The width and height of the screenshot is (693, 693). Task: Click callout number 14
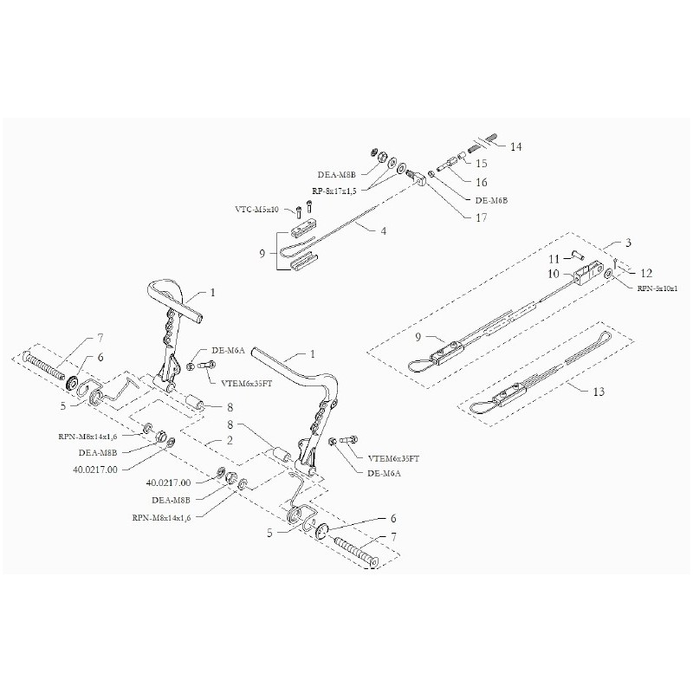click(x=516, y=146)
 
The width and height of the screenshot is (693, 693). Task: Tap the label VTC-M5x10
click(x=258, y=210)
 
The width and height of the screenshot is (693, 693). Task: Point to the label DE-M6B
click(x=492, y=200)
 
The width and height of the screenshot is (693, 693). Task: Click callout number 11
click(x=554, y=258)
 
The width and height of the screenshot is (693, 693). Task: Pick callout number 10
click(x=554, y=273)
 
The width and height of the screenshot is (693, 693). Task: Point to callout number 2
click(x=230, y=440)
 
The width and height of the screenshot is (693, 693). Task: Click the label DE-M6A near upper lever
click(x=229, y=350)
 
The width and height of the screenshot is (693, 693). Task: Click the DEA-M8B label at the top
click(x=336, y=173)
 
